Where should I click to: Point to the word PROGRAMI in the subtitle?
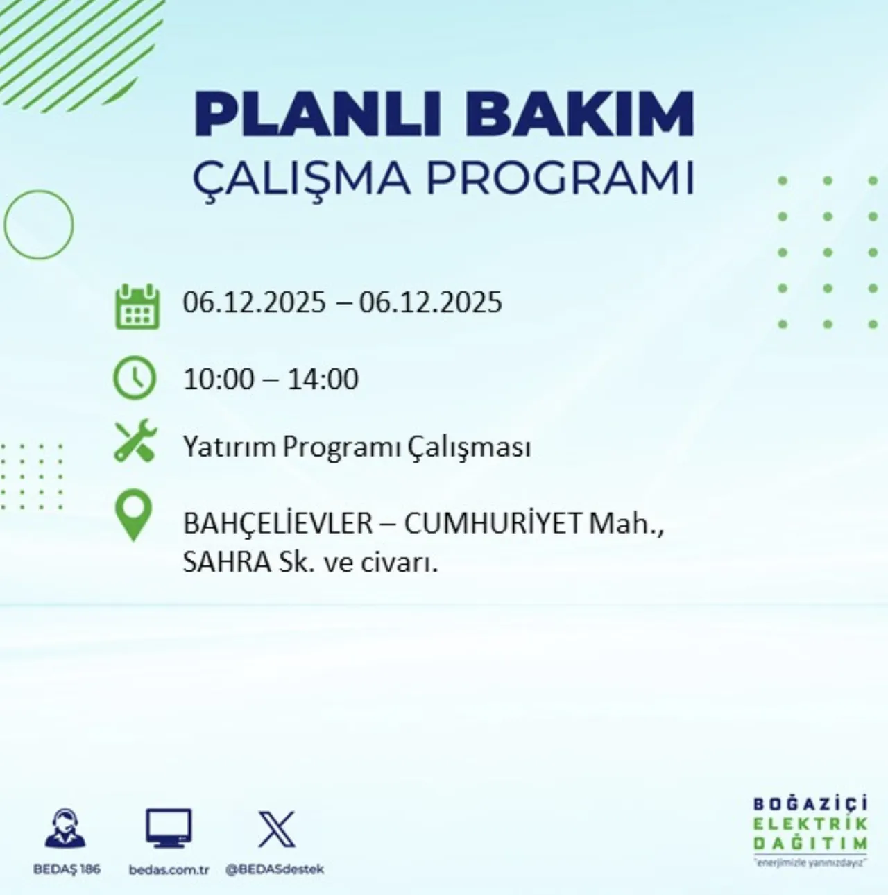pos(560,178)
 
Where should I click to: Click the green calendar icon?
pos(137,306)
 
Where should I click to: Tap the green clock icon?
pos(134,378)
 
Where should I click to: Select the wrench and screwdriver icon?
pos(135,441)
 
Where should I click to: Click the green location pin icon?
pos(133,515)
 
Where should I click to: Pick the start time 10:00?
pos(219,379)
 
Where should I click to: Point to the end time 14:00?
pos(323,379)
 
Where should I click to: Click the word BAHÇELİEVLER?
pos(277,524)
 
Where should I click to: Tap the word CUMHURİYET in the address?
pos(493,524)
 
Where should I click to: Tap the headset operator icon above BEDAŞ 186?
pos(65,828)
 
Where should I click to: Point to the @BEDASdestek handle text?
pos(275,869)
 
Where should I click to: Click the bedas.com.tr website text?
pos(169,869)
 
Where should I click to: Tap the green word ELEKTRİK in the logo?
pos(810,824)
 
